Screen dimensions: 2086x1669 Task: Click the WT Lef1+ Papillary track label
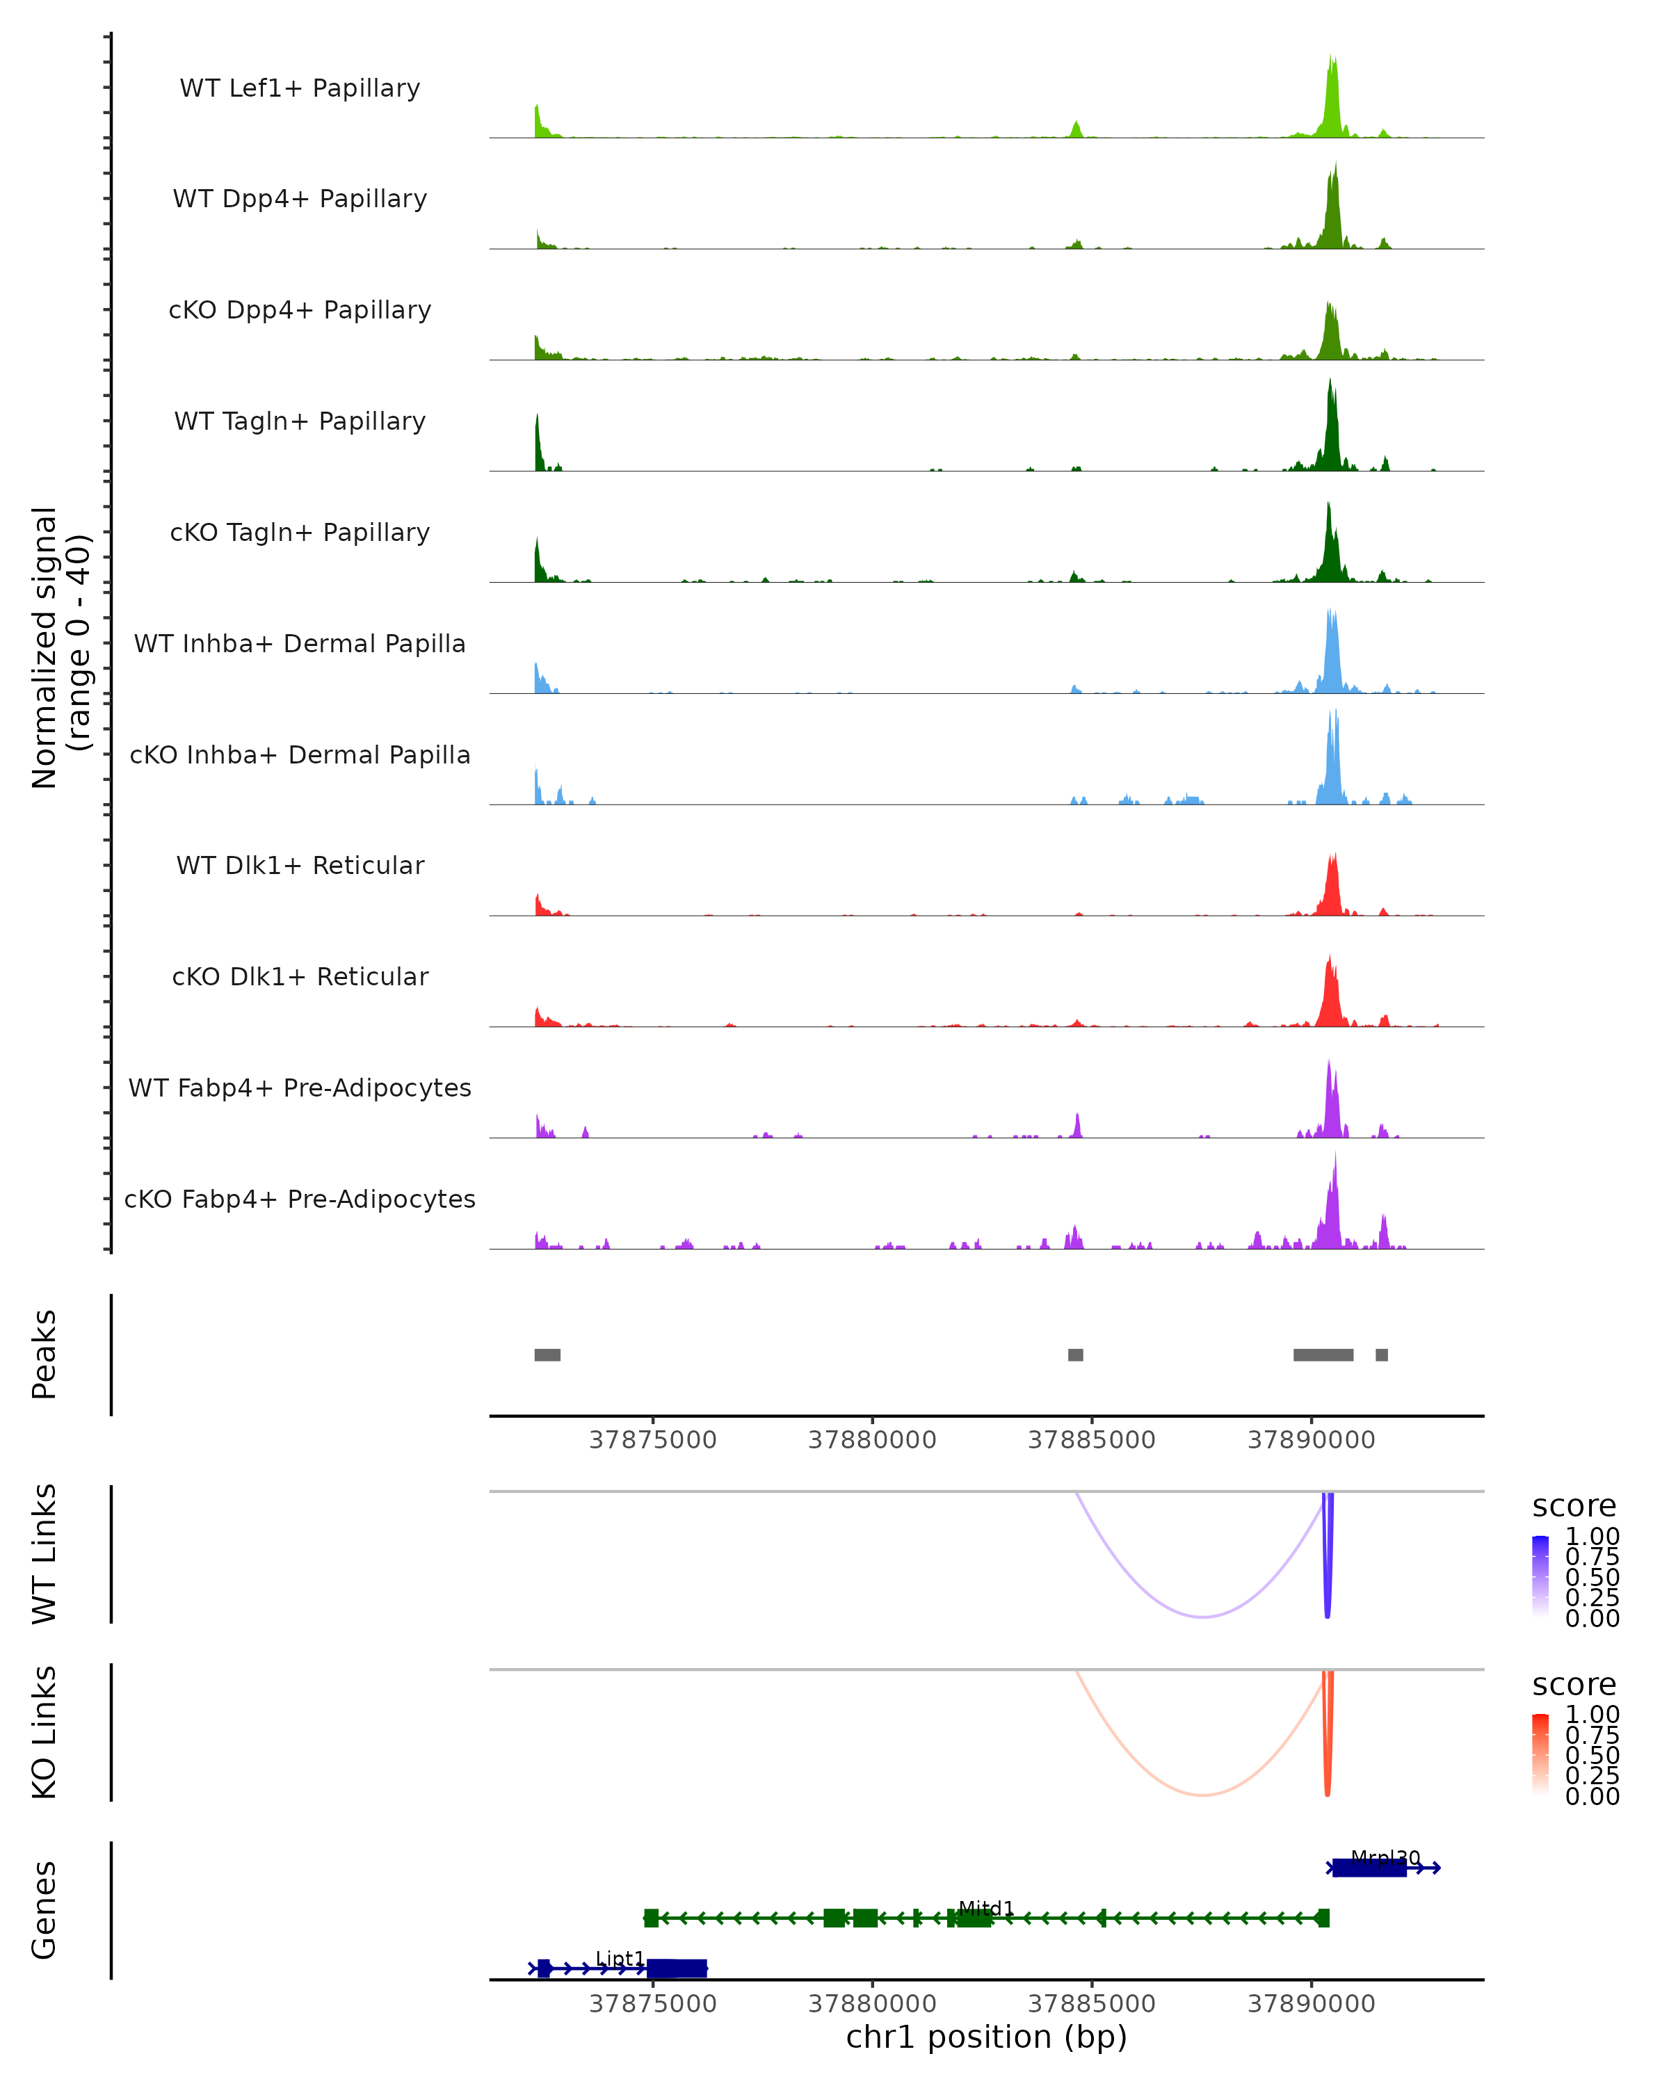point(300,88)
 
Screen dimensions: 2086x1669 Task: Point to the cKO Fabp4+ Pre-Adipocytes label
point(300,1199)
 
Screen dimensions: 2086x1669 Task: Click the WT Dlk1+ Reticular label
point(300,865)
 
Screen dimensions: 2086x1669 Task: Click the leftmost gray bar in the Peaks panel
point(547,1355)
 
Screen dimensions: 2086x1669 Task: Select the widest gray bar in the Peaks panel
point(1323,1355)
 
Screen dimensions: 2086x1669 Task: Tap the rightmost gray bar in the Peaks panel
point(1382,1355)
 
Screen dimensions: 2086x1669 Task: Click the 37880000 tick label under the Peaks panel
point(872,1441)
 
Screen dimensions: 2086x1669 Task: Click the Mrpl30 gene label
point(1385,1858)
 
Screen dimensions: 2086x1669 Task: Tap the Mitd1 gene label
point(986,1909)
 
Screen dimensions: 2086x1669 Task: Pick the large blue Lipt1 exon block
point(677,1969)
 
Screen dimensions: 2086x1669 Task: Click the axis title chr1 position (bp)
point(986,2037)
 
